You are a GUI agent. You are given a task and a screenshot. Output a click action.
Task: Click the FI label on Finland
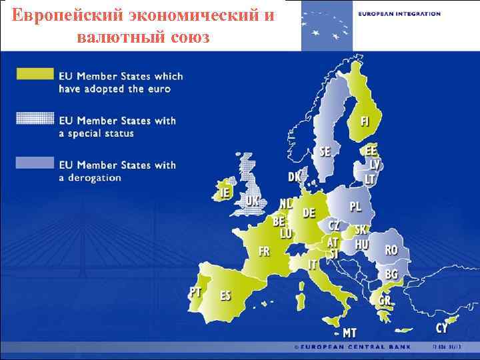(x=365, y=122)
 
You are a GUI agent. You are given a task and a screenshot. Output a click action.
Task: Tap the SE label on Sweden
(x=325, y=152)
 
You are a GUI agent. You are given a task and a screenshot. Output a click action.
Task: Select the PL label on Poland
(x=356, y=207)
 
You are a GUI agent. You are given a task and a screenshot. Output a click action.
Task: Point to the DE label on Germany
(x=309, y=213)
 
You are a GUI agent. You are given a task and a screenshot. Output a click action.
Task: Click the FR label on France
(x=264, y=251)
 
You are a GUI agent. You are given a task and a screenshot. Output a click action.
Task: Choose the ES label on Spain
(x=226, y=295)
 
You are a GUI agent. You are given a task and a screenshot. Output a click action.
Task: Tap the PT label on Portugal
(x=195, y=291)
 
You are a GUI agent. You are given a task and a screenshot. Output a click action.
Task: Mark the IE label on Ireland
(x=224, y=193)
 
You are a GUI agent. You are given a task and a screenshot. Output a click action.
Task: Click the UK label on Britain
(x=252, y=200)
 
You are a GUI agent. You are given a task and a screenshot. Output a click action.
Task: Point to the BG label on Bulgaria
(x=391, y=274)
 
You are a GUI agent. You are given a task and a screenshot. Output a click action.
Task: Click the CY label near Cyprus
(x=442, y=328)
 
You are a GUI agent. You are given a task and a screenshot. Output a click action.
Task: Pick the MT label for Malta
(x=349, y=333)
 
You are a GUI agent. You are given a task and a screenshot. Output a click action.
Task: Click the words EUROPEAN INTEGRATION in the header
(x=399, y=13)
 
